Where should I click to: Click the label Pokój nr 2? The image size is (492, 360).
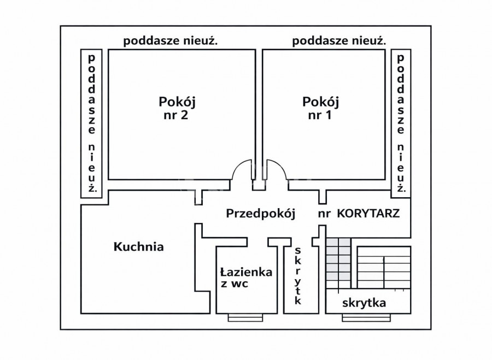click(x=177, y=108)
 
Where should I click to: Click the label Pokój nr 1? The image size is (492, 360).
click(x=321, y=108)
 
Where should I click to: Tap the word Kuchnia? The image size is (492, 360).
click(x=139, y=246)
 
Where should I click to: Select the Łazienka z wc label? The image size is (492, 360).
click(x=246, y=278)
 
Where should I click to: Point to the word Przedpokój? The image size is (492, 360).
click(x=261, y=214)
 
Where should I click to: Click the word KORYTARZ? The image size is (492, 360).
click(x=368, y=214)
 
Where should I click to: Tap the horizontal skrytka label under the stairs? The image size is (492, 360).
click(x=364, y=303)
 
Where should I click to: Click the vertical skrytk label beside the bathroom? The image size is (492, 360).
click(x=298, y=276)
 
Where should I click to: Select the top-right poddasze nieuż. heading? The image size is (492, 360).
click(x=339, y=40)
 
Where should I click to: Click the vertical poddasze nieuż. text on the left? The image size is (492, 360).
click(x=92, y=124)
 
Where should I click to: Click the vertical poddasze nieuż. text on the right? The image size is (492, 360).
click(x=401, y=124)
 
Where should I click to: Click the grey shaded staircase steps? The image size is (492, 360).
click(x=338, y=261)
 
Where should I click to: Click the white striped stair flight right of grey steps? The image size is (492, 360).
click(x=383, y=268)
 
